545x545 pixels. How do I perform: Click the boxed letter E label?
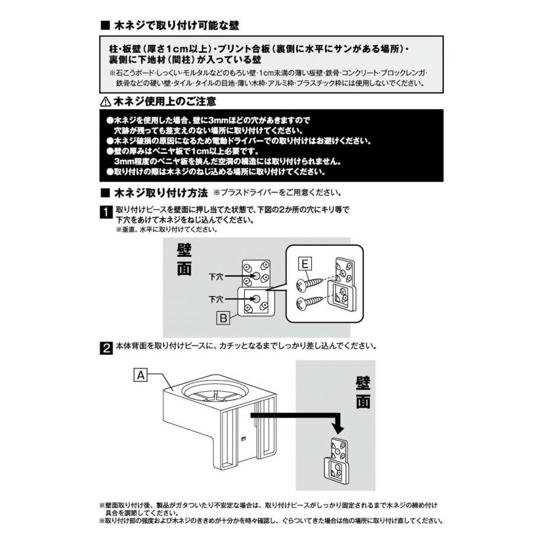point(305,264)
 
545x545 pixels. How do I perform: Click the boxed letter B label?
point(223,318)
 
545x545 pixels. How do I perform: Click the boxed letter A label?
point(140,375)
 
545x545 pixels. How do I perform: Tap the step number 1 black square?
point(105,212)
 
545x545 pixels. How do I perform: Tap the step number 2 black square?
point(105,348)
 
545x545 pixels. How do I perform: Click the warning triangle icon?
point(105,102)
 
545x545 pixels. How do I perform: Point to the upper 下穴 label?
point(216,277)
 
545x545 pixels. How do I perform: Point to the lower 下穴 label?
point(216,299)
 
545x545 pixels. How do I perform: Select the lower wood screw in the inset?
point(309,302)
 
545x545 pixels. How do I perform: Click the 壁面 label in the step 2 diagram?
point(363,392)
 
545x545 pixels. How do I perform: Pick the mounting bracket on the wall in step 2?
point(335,460)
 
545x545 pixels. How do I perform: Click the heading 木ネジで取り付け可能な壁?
point(176,25)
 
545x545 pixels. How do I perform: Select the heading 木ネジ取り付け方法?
point(161,193)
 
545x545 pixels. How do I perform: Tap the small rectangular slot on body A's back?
point(243,438)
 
